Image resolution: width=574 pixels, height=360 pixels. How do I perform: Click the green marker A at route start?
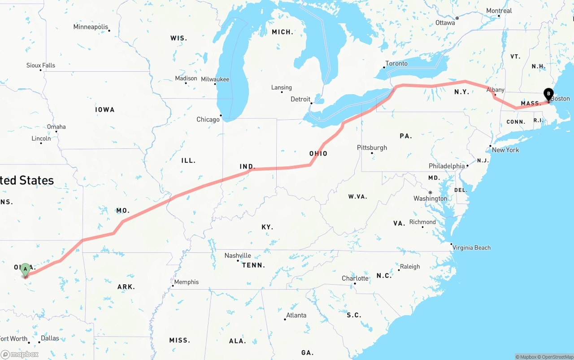[x=26, y=269]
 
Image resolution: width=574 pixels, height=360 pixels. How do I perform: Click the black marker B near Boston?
[x=548, y=94]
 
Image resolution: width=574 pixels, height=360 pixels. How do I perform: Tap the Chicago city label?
[x=208, y=119]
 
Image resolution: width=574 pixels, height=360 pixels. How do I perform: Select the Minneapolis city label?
[x=91, y=27]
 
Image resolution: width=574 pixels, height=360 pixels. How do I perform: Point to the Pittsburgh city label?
[x=372, y=147]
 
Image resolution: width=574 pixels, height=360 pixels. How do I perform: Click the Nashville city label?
[x=238, y=256]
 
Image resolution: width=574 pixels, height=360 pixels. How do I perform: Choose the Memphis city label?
[x=186, y=282]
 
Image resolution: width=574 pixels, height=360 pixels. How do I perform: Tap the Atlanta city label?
[x=296, y=315]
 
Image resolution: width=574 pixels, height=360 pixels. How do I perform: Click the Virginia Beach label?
[x=471, y=247]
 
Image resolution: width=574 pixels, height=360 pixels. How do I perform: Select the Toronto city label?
[x=396, y=64]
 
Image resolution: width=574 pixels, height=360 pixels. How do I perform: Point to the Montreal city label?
[x=499, y=11]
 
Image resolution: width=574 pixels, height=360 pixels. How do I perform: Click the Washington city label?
[x=430, y=199]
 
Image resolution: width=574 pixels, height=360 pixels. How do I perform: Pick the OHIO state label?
[x=318, y=154]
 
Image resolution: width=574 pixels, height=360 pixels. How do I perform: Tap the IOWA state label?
[x=105, y=110]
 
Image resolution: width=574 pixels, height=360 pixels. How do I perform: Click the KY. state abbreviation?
[x=267, y=227]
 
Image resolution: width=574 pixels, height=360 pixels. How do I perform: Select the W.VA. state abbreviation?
[x=357, y=197]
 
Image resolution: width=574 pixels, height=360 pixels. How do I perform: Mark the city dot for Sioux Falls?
[x=41, y=70]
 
